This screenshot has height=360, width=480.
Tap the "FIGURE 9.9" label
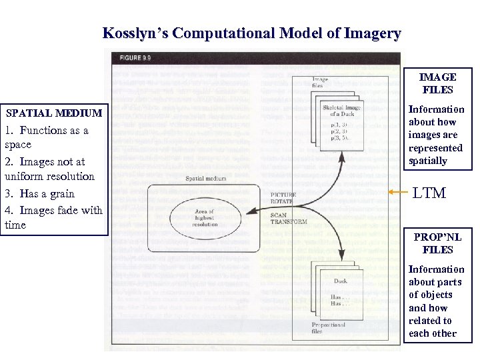coord(136,58)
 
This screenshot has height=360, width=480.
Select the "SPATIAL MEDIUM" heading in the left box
coord(54,113)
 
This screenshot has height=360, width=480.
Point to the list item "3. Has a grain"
coord(39,193)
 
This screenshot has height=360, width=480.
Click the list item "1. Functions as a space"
coord(46,137)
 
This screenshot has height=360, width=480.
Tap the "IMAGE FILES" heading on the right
coord(437,83)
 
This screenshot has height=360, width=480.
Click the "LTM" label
coord(429,193)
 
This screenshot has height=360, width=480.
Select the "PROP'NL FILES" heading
coord(437,243)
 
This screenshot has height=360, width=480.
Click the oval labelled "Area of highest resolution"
coord(204,217)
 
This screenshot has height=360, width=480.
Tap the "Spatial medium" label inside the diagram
coord(205,179)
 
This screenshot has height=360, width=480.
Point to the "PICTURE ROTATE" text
coord(283,199)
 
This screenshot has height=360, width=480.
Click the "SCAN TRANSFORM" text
coord(287,219)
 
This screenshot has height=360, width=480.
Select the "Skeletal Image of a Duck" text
coord(341,110)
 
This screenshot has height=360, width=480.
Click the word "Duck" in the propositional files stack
coord(340,281)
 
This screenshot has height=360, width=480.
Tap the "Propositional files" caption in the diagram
coord(328,327)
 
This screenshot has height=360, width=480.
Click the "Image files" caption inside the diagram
coord(320,82)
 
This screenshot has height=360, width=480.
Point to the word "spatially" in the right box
coord(428,161)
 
